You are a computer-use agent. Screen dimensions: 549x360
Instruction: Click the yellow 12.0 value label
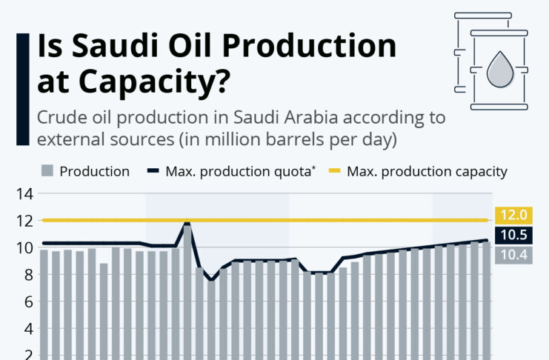[x=513, y=215]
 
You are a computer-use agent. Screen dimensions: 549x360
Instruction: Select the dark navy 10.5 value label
[x=513, y=235]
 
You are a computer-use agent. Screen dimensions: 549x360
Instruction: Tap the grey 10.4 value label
[x=513, y=255]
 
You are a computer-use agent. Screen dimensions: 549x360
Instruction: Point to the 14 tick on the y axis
[x=24, y=193]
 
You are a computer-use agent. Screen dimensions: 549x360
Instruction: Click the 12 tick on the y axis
[x=24, y=221]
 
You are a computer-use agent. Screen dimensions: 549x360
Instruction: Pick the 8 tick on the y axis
[x=29, y=276]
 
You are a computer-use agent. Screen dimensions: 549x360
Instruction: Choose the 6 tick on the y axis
[x=29, y=302]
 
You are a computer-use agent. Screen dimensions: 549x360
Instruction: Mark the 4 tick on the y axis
[x=29, y=330]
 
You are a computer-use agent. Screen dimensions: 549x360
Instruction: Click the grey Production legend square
[x=47, y=171]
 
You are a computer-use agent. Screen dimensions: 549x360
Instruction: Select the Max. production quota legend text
[x=240, y=172]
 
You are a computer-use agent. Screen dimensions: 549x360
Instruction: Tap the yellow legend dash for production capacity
[x=335, y=171]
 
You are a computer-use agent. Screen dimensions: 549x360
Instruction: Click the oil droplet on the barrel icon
[x=500, y=70]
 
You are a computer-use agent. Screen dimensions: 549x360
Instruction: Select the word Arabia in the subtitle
[x=311, y=117]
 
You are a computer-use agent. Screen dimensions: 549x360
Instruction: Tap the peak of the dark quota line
[x=187, y=223]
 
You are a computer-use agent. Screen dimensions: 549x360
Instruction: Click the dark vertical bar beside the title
[x=23, y=90]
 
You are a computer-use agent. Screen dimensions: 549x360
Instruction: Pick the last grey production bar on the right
[x=487, y=301]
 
